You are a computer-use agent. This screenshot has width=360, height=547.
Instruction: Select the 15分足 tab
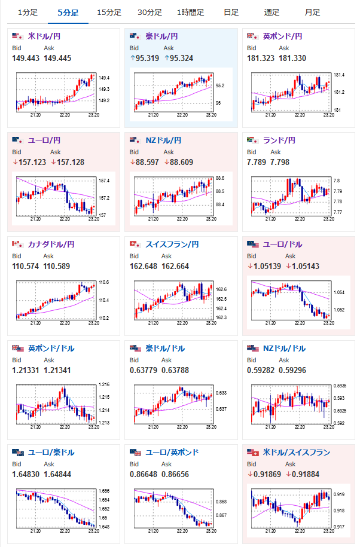point(109,12)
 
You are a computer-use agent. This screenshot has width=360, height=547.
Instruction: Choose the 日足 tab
point(231,12)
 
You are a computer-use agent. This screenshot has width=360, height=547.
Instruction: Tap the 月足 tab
point(312,12)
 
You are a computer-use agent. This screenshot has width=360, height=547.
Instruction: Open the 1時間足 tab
point(190,12)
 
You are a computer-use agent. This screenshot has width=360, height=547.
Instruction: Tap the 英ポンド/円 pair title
point(282,36)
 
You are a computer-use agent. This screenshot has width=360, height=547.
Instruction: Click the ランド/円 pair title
point(279,140)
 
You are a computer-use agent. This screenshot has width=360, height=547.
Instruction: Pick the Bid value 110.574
point(25,266)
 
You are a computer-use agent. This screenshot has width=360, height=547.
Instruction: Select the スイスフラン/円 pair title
point(172,245)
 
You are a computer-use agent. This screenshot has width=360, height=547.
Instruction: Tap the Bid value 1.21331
point(25,370)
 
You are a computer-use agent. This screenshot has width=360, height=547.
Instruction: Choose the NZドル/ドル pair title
point(284,349)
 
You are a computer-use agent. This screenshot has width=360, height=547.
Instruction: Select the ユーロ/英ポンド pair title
point(172,453)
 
